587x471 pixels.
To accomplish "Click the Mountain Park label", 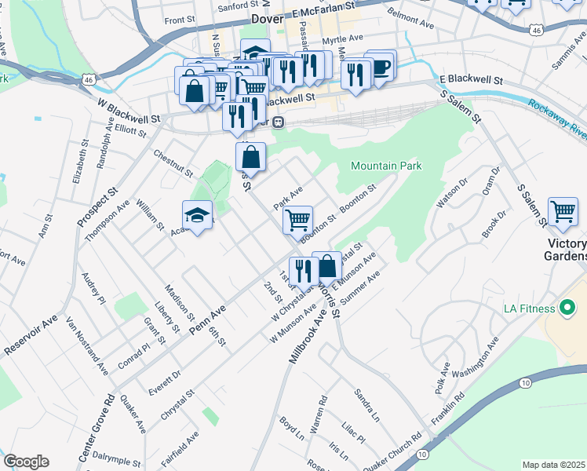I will point(386,166).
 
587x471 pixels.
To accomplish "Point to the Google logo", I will point(26,462).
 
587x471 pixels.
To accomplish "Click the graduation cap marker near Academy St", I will point(198,217).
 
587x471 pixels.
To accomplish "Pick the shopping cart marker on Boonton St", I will point(297,220).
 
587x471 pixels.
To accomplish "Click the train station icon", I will point(278,122).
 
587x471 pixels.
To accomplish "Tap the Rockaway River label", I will point(556,117).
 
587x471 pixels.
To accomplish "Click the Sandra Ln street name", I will point(366,403).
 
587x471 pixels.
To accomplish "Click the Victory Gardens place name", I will point(567,249).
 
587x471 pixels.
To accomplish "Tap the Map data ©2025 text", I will point(554,465).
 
